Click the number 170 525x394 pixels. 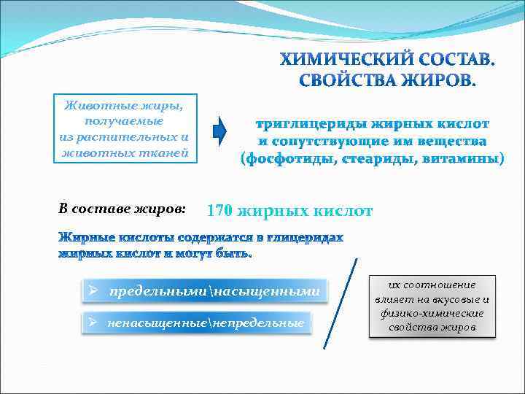point(220,212)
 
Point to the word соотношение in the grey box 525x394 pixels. point(442,285)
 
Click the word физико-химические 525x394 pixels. point(432,313)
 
